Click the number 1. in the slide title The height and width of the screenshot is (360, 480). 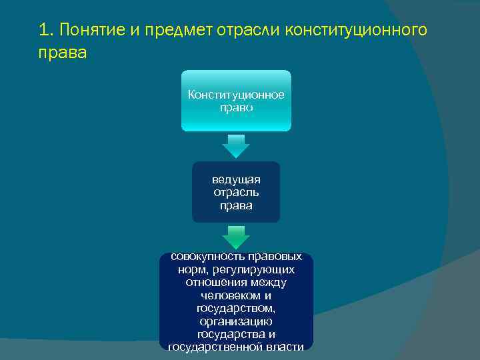coord(46,30)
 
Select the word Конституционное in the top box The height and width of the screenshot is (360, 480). coord(236,95)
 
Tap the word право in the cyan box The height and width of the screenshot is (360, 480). coord(236,107)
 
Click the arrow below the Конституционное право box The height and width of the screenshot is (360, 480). coord(236,146)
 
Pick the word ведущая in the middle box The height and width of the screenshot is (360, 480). coord(236,180)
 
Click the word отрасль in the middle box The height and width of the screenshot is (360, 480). coord(236,193)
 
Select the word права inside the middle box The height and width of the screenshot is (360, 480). coord(236,205)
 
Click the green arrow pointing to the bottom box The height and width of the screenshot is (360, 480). coord(236,237)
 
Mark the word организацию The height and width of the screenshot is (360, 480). coord(236,321)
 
